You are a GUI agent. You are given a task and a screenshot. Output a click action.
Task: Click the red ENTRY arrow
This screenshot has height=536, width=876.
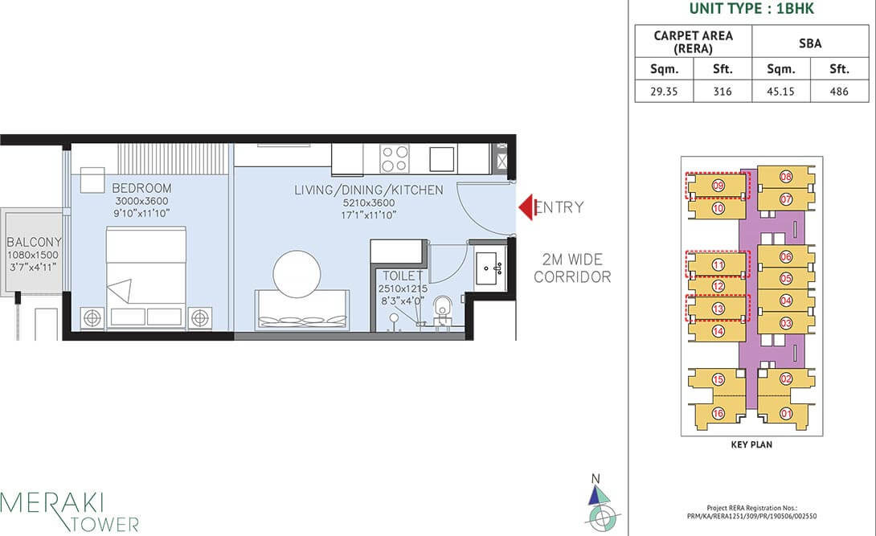pos(526,207)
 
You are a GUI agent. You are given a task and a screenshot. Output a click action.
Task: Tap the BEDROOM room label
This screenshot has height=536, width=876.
pos(141,188)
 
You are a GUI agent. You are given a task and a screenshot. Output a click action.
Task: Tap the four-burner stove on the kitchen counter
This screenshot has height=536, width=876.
pos(394,158)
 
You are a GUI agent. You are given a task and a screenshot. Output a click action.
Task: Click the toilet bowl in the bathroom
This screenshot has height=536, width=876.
pos(441,309)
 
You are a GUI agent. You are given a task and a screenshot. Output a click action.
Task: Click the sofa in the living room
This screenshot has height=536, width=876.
pos(301,310)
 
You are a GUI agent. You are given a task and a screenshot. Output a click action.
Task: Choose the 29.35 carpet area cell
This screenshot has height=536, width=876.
pos(664,92)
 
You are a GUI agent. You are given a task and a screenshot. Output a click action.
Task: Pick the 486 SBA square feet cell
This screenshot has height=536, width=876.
pos(839,92)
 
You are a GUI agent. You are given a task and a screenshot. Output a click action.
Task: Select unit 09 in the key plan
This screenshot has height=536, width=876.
pos(718,186)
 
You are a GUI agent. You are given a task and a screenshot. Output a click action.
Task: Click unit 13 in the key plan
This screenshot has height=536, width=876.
pos(718,308)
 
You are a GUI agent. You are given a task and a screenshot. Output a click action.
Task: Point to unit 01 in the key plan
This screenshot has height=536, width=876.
pos(786,414)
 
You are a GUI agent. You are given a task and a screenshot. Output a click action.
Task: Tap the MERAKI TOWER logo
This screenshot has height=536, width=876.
pos(70,511)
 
